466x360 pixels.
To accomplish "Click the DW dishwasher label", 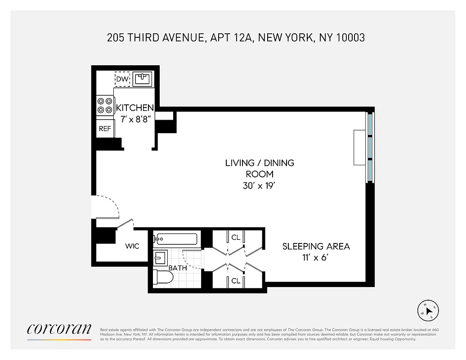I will (122, 79).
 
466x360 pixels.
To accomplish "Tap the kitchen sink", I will (143, 79).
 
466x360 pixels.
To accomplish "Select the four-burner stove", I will (105, 105).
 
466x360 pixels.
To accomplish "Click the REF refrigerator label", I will (105, 129).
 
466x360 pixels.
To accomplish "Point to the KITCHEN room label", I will (135, 108).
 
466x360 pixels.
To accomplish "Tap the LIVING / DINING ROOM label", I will (260, 168).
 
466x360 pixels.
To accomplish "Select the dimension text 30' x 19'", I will (260, 185).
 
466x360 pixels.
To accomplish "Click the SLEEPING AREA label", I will (316, 246).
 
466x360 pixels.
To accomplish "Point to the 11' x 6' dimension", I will (316, 258).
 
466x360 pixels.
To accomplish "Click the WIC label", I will (132, 246).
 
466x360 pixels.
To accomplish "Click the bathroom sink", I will (160, 258).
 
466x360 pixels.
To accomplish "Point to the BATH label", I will (177, 268).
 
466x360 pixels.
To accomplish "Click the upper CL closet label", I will (236, 238).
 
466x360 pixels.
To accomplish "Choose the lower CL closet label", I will (236, 281).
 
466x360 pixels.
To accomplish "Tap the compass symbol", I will (428, 310).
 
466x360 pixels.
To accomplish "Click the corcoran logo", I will (59, 329).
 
